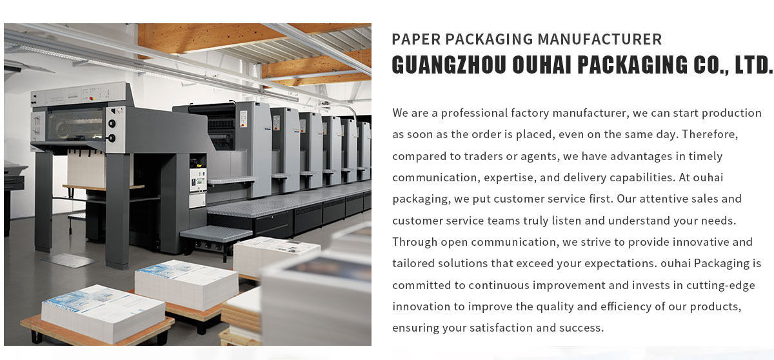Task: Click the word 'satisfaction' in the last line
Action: [497, 328]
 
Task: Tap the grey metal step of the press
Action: [215, 234]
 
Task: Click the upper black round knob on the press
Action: [112, 125]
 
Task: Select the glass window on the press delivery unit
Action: [74, 123]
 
